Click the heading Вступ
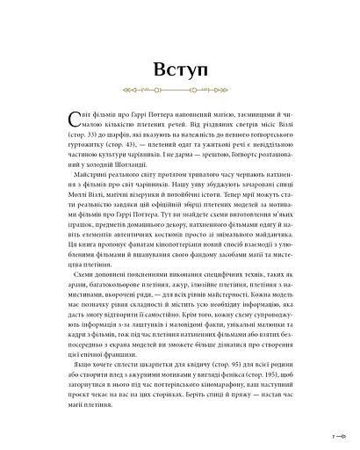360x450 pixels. point(179,70)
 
